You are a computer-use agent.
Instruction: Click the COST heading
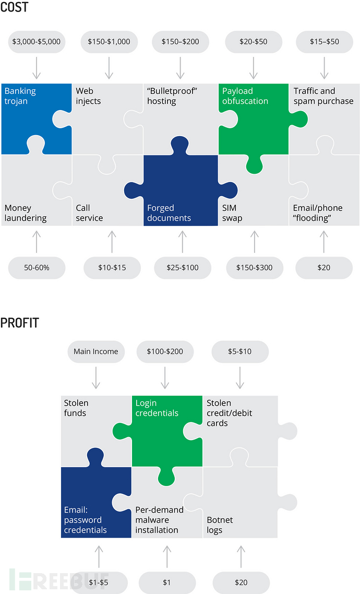pyautogui.click(x=14, y=7)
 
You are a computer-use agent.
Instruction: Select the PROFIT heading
pyautogui.click(x=20, y=323)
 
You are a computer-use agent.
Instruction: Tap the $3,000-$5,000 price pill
pyautogui.click(x=37, y=42)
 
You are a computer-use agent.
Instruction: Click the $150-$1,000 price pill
pyautogui.click(x=109, y=42)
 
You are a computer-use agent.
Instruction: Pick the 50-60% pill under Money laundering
pyautogui.click(x=37, y=268)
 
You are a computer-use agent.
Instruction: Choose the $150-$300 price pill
pyautogui.click(x=255, y=268)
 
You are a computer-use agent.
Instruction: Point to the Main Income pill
pyautogui.click(x=96, y=351)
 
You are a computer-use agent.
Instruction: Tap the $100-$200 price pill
pyautogui.click(x=165, y=351)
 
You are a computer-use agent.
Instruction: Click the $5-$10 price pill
pyautogui.click(x=240, y=351)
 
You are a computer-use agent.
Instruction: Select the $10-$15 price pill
pyautogui.click(x=112, y=268)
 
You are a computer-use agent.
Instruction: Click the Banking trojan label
pyautogui.click(x=20, y=96)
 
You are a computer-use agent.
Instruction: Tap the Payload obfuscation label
pyautogui.click(x=245, y=96)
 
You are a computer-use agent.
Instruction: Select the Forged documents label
pyautogui.click(x=169, y=213)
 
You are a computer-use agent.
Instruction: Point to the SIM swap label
pyautogui.click(x=232, y=213)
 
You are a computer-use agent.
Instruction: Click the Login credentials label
pyautogui.click(x=157, y=408)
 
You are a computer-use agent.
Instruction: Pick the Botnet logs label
pyautogui.click(x=220, y=525)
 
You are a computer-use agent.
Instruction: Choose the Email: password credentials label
pyautogui.click(x=85, y=520)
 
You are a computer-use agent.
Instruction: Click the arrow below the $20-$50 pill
pyautogui.click(x=254, y=68)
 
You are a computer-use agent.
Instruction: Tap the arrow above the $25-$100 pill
pyautogui.click(x=183, y=241)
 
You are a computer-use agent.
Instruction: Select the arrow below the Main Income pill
pyautogui.click(x=96, y=378)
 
